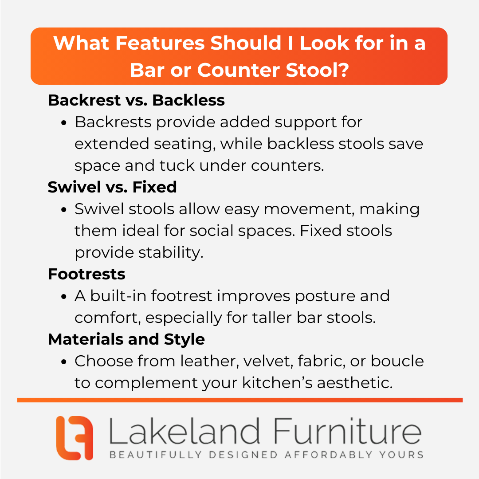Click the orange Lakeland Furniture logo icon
[x=75, y=438]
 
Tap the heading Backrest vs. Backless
[x=136, y=100]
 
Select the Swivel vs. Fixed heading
[x=112, y=187]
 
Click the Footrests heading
[x=86, y=274]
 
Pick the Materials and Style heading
[x=126, y=339]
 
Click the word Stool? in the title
[x=317, y=70]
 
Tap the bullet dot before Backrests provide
[x=63, y=123]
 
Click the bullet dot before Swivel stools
[x=63, y=210]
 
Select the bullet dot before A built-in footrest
[x=63, y=297]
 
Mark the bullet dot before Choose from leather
[x=63, y=362]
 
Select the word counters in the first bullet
[x=287, y=166]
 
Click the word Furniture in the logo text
[x=347, y=431]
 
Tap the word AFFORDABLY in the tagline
[x=329, y=455]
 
